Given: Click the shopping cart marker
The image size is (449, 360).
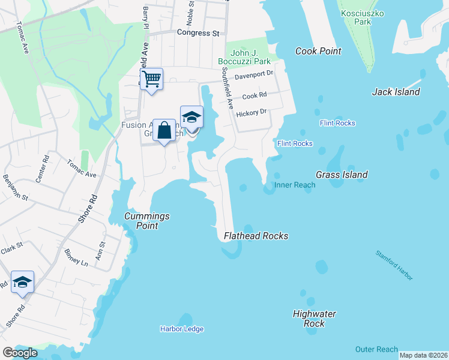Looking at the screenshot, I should pos(151,79).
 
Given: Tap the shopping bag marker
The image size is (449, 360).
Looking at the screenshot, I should pos(164,130).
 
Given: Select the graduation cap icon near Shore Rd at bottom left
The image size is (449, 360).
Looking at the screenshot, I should pos(22,283).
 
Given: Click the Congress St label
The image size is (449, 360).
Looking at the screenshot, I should pos(198,33).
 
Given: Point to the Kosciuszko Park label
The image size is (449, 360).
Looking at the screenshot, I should pos(362,17).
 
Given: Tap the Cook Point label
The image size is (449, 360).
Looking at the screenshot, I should pos(318,52).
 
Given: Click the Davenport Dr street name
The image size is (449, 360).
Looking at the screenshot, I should pos(254,74).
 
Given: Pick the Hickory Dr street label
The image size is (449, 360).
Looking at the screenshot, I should pos(251,112).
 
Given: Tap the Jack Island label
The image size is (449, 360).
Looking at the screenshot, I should pos(396,92).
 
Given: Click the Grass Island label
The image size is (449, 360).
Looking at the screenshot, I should pos(342,175).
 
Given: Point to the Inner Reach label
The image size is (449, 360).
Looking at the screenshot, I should pos(295,185).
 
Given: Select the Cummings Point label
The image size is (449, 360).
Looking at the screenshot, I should pos(146,221).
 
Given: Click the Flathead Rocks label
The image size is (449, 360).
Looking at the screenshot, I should pos(256,236).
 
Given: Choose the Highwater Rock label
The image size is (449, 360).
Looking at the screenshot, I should pos(315,319).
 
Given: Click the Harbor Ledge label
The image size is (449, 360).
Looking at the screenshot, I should pos(181,329).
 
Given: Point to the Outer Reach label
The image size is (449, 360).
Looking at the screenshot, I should pos(376,349).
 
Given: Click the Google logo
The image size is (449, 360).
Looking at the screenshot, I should pos(20,353).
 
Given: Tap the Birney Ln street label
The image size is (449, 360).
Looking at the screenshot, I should pos(76,259).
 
